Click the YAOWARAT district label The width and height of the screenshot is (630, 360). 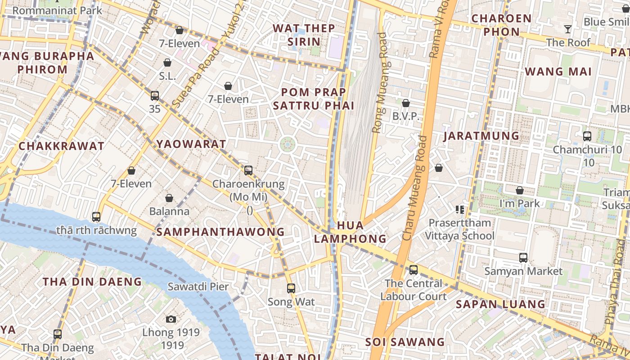(191, 144)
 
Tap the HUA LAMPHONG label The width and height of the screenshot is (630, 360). (350, 232)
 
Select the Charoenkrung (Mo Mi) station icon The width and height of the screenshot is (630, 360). (248, 171)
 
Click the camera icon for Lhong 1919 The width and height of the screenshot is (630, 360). (171, 319)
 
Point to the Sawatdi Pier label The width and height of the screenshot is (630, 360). (198, 286)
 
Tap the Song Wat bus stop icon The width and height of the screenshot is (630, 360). (291, 288)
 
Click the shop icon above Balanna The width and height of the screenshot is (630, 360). (169, 198)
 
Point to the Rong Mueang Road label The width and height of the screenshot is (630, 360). (379, 83)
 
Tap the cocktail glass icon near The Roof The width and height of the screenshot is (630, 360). (568, 29)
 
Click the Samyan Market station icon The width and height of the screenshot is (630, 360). (523, 258)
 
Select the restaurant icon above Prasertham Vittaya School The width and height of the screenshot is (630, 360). (459, 209)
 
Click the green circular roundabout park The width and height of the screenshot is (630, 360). (288, 144)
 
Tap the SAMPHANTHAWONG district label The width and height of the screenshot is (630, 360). (220, 232)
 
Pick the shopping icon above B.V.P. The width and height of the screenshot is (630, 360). (406, 103)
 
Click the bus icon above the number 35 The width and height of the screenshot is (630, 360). (155, 95)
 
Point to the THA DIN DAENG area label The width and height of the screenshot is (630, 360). (92, 282)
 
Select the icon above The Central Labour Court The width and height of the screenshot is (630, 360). (413, 270)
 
